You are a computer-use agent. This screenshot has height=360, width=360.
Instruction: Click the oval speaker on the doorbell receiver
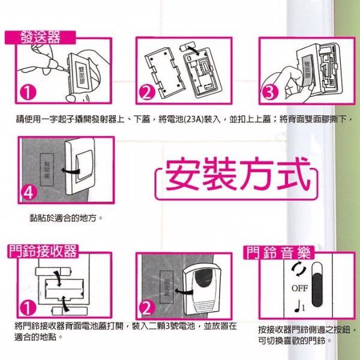click(202, 283)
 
